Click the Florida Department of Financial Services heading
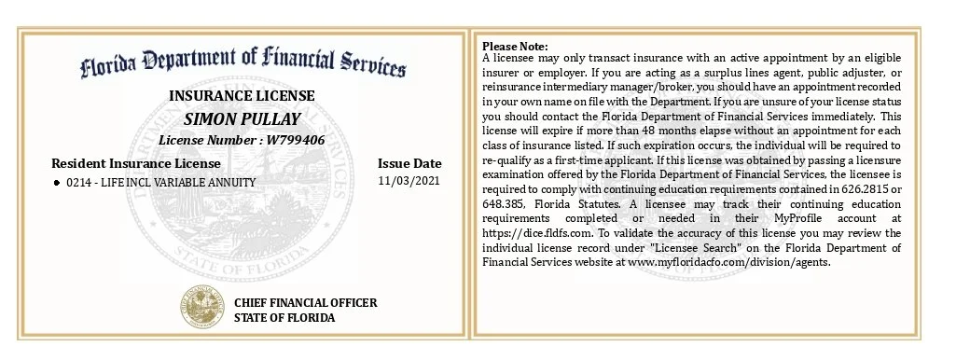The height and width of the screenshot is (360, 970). (x=242, y=62)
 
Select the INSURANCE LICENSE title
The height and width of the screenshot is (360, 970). (x=242, y=96)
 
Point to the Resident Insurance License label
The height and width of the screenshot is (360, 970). (x=136, y=163)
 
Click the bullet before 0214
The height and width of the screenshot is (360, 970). (x=57, y=183)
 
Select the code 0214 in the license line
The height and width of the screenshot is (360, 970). (x=78, y=183)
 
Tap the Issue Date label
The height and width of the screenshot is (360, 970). (x=409, y=163)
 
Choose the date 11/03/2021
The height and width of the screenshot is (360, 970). (x=409, y=181)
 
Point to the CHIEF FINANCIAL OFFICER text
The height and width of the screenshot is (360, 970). (x=305, y=303)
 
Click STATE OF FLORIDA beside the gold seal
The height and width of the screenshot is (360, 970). (x=284, y=318)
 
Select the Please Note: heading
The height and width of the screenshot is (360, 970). (x=515, y=47)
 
